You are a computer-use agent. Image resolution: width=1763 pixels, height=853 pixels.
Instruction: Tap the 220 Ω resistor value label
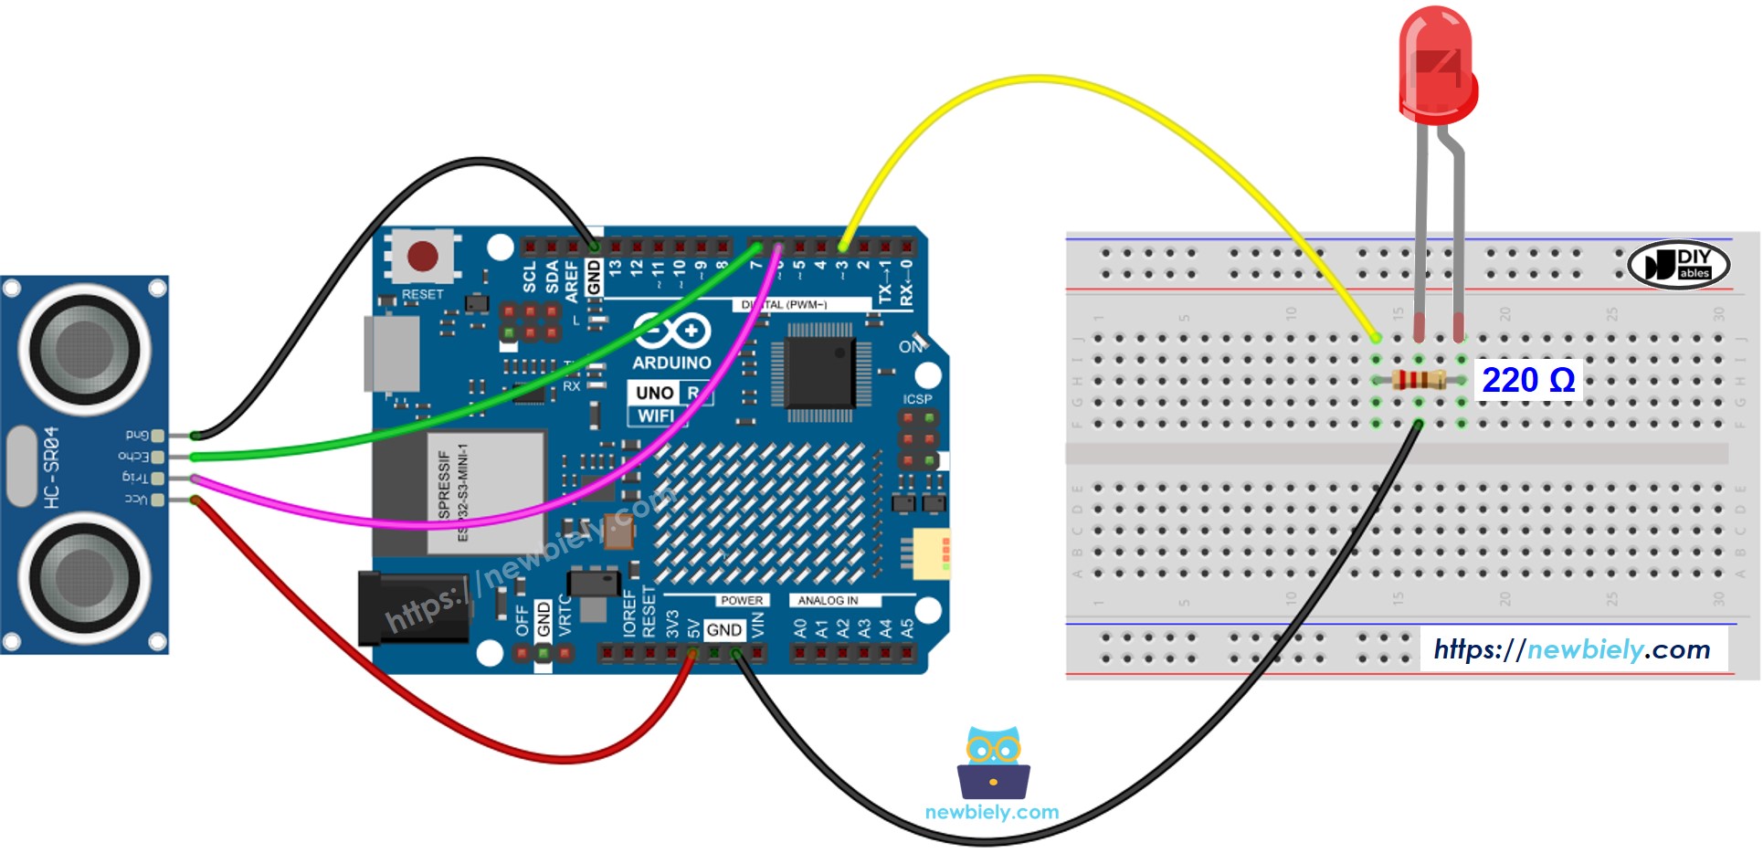point(1527,380)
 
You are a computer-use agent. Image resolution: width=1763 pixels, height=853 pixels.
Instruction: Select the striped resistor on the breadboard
point(1419,380)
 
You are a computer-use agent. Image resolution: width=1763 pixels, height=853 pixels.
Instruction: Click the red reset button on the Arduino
point(422,256)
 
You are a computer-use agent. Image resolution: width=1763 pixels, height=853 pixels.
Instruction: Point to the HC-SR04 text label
point(51,467)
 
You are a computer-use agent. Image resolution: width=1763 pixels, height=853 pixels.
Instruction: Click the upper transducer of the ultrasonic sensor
point(85,348)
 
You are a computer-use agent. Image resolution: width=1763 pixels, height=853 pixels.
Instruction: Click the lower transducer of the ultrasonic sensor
point(85,576)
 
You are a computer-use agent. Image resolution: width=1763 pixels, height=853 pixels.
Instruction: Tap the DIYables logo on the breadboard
point(1679,265)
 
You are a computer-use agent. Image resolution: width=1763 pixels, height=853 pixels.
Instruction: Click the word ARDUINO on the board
point(671,363)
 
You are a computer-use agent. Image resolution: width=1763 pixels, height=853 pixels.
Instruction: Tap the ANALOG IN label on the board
point(828,600)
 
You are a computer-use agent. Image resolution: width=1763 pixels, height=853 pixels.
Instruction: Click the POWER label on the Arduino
point(741,600)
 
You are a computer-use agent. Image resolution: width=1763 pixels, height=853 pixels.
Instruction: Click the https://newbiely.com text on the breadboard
point(1572,649)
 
